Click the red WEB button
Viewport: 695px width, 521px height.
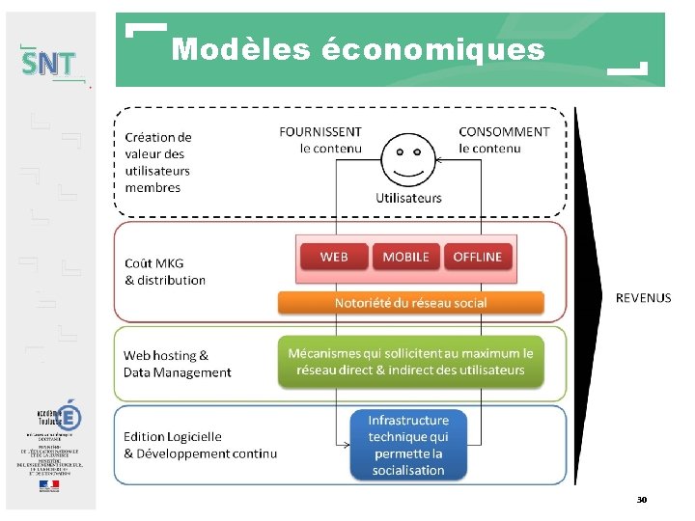click(x=334, y=257)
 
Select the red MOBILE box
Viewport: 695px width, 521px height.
click(x=405, y=257)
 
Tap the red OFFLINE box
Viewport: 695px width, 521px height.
click(x=477, y=257)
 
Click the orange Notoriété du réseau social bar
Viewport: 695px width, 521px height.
click(x=410, y=303)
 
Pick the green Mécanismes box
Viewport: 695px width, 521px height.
click(x=410, y=362)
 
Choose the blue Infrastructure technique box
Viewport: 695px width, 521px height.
click(x=407, y=445)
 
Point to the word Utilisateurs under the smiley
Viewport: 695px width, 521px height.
click(x=408, y=198)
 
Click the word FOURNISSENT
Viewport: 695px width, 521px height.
click(x=320, y=132)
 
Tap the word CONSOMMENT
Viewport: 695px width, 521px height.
click(x=504, y=132)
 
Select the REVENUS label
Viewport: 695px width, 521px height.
click(x=643, y=298)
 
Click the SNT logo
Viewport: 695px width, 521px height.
click(x=48, y=65)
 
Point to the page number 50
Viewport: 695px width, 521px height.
click(x=641, y=500)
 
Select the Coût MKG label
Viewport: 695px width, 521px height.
click(x=154, y=263)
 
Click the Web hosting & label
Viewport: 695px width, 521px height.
click(x=166, y=356)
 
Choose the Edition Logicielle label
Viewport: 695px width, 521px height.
click(x=173, y=437)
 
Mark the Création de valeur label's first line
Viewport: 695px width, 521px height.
click(x=158, y=138)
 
